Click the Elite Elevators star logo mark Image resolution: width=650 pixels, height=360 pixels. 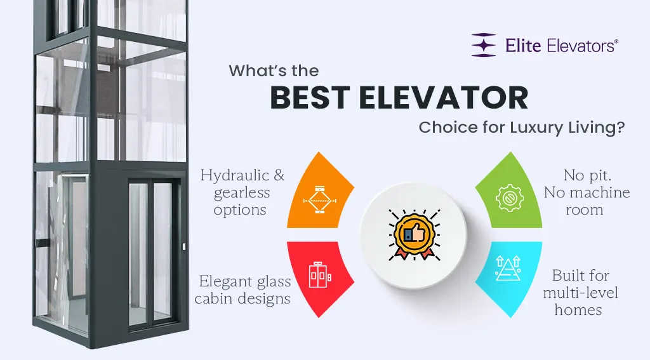484,46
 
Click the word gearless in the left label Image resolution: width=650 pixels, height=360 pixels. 242,193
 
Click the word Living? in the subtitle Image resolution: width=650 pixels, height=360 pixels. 596,128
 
